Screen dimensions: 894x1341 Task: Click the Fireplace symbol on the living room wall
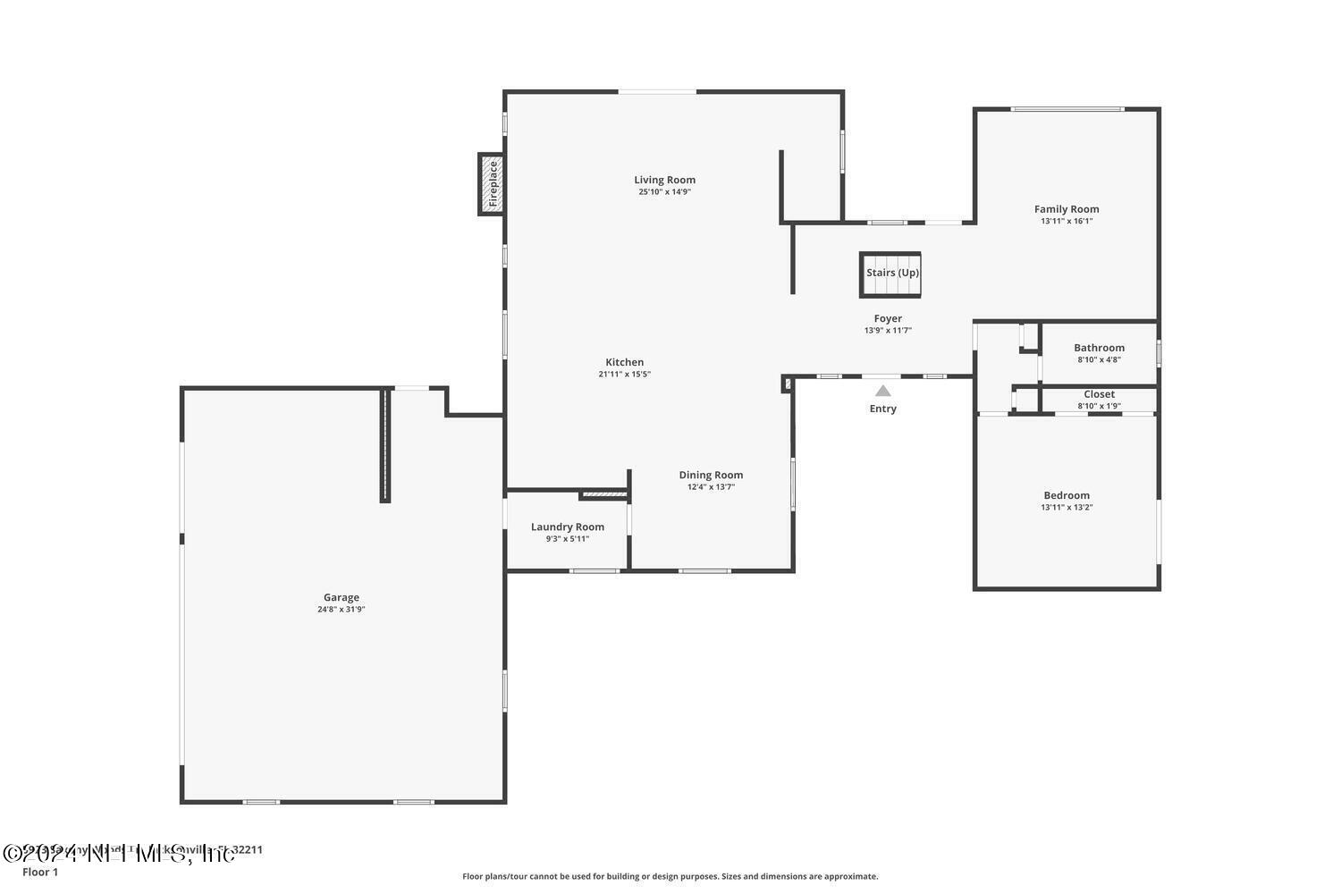491,184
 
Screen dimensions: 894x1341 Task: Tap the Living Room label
664,180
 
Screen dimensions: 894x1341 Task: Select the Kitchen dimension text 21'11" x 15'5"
624,375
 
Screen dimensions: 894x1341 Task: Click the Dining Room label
711,475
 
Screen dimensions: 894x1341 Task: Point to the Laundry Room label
567,527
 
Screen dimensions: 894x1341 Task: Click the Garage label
341,597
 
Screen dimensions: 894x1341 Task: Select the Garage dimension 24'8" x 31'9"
341,610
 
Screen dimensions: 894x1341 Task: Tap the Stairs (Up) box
890,274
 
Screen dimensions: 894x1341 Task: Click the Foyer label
888,318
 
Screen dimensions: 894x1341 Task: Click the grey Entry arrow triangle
882,391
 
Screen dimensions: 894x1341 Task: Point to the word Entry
882,409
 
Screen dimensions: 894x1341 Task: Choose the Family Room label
1067,209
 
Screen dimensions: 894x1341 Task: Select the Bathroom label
1099,348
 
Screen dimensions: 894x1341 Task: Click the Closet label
1099,394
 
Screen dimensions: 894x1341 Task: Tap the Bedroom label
1067,495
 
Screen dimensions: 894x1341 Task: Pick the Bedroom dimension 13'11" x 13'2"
1067,508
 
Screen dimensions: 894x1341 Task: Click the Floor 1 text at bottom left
40,872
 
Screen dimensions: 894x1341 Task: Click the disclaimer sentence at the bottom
670,876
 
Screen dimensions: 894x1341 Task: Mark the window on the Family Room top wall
1067,109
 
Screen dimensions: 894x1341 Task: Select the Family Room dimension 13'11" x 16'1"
1067,222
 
